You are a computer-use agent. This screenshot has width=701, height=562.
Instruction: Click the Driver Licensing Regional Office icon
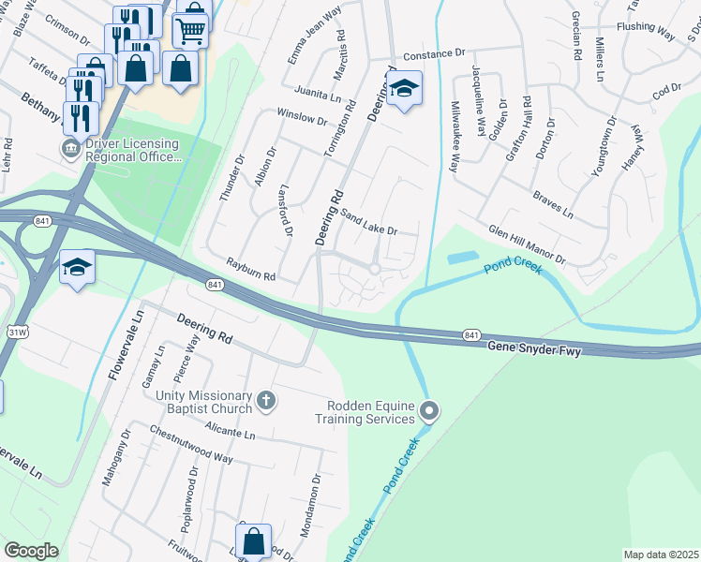(70, 149)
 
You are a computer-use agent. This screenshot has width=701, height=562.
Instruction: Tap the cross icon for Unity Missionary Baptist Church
(266, 402)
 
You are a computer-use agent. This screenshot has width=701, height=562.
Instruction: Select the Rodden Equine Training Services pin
(429, 411)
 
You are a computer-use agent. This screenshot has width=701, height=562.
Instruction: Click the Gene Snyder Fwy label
(534, 348)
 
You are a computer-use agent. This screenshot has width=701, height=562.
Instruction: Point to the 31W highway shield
(17, 332)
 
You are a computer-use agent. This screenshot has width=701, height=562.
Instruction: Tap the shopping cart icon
(190, 30)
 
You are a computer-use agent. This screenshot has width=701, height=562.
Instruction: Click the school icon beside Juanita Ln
(404, 89)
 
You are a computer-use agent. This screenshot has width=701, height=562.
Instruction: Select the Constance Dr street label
(434, 55)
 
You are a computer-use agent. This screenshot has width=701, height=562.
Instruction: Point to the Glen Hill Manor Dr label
(527, 244)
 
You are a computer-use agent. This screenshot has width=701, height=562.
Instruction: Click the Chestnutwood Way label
(191, 444)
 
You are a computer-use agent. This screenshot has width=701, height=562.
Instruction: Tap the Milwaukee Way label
(454, 137)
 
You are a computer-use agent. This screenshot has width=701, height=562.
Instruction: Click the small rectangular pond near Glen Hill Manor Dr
(462, 258)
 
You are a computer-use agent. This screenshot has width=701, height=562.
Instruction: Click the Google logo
(31, 551)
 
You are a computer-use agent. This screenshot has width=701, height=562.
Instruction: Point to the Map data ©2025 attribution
(662, 555)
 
